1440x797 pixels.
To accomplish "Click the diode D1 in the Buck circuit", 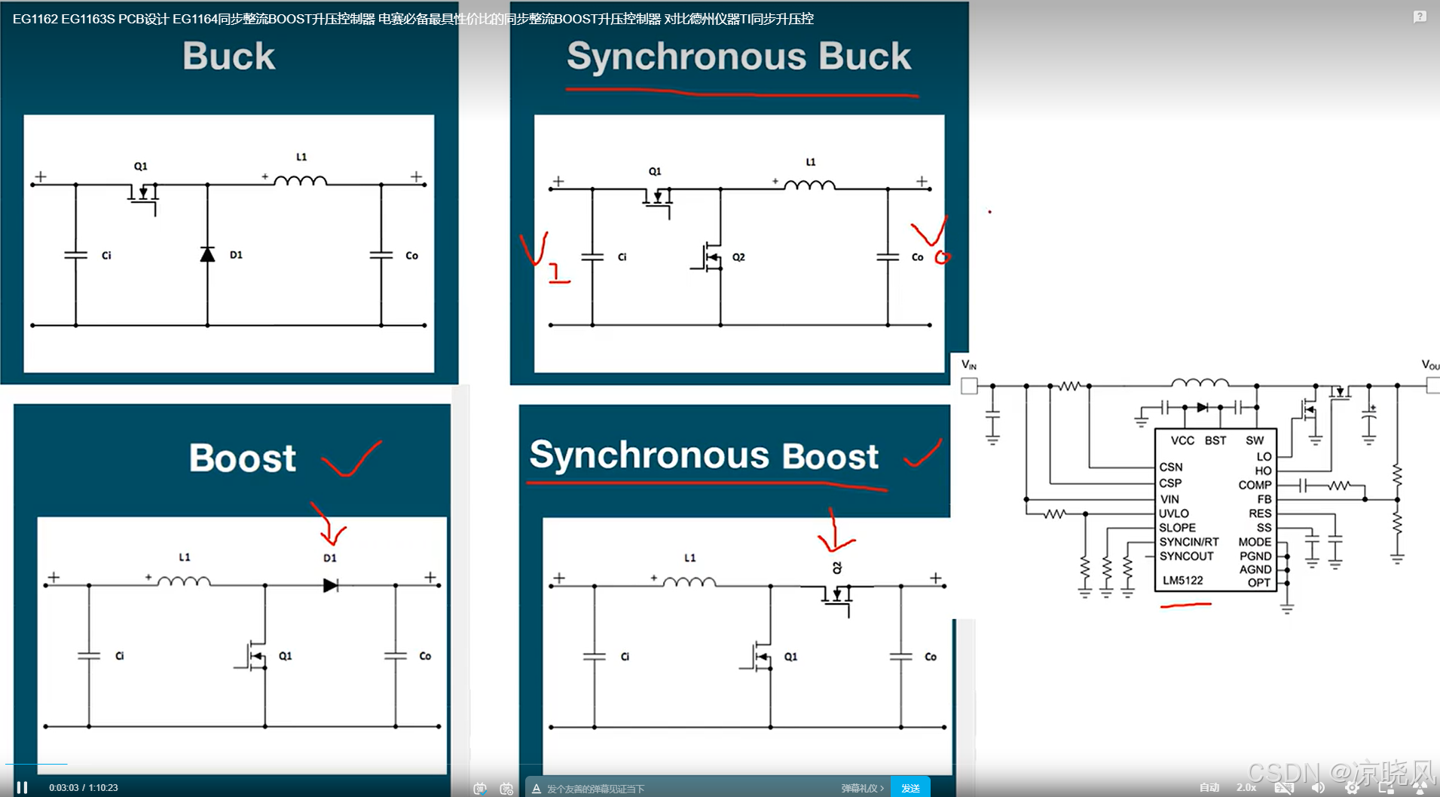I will [208, 255].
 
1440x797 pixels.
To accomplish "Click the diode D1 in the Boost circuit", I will [330, 585].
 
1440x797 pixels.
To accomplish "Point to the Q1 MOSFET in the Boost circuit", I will [256, 656].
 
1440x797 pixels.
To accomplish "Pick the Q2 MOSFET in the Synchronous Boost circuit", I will [837, 594].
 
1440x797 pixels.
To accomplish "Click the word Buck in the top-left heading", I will [229, 57].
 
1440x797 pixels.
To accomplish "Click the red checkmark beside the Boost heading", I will [352, 458].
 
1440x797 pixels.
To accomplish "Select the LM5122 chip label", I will [1182, 581].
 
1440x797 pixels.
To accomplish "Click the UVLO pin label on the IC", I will [1173, 513].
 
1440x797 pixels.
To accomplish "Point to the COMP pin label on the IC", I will [1255, 485].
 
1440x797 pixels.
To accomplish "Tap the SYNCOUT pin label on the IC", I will [1186, 556].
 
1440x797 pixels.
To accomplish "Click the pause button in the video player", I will [23, 787].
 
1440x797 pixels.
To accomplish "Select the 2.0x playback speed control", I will [1246, 787].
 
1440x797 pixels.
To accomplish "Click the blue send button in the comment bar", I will [910, 788].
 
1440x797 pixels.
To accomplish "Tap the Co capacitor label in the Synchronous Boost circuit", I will [931, 657].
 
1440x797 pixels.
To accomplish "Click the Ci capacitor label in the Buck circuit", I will [106, 256].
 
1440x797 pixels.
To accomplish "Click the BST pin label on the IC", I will [1215, 440].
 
